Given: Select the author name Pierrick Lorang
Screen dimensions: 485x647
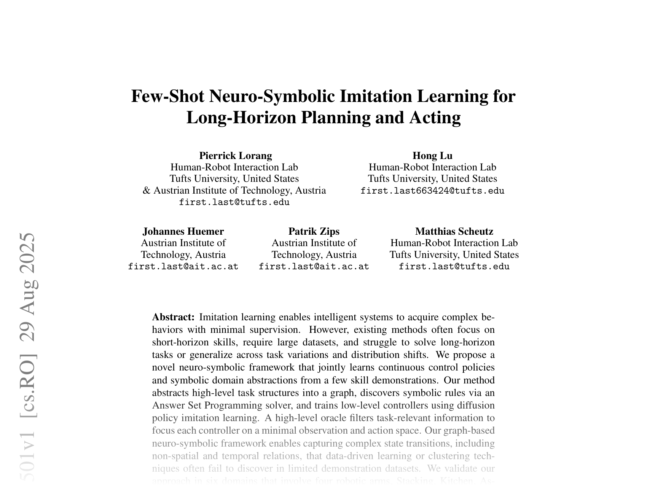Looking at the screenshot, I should point(236,156).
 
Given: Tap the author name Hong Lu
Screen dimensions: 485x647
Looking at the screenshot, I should point(432,156).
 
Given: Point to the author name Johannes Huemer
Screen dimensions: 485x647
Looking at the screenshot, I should point(183,231).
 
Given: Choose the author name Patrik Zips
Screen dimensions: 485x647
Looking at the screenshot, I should point(314,231).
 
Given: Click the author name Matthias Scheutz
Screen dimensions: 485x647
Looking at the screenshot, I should point(454,231).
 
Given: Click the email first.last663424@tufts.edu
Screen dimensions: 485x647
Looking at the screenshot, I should point(432,191).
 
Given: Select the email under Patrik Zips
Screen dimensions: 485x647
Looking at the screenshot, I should point(314,267).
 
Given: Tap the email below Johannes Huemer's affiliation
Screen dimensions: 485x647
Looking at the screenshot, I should point(183,267).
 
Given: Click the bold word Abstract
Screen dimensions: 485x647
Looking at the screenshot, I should point(174,317).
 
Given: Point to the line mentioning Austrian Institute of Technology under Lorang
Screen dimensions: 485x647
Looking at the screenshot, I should point(234,190).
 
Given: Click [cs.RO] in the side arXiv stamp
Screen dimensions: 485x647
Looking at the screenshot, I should point(29,385).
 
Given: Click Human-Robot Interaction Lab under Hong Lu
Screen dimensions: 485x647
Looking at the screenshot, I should point(432,167).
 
